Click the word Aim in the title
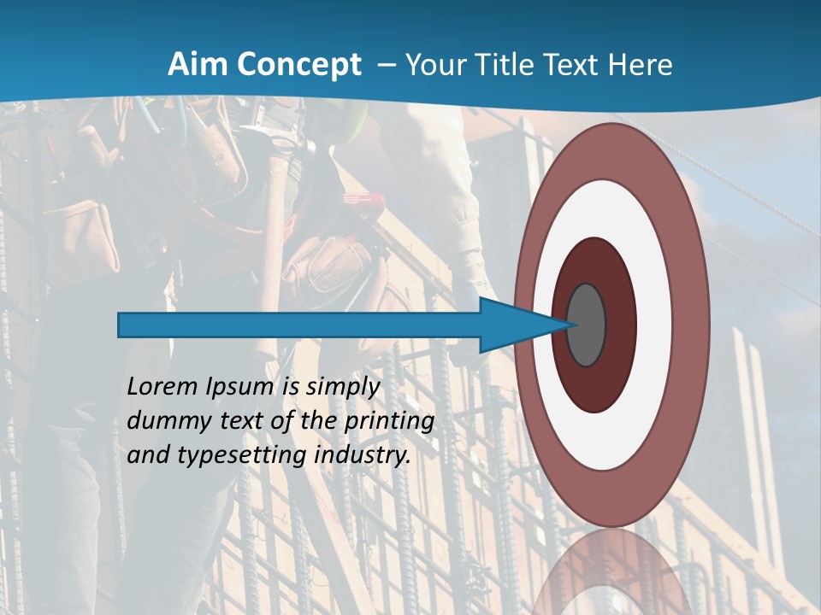click(196, 65)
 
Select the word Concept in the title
click(298, 65)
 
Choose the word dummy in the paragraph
click(162, 421)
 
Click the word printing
click(389, 422)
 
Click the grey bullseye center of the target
click(587, 325)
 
